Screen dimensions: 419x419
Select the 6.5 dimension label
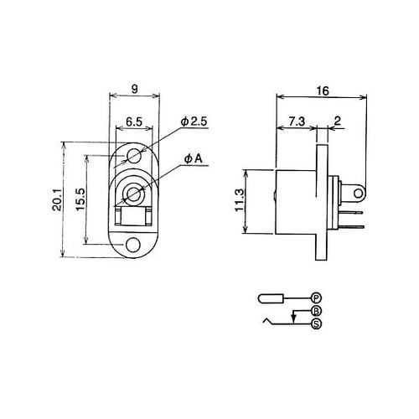(x=133, y=122)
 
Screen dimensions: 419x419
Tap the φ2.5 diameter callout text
(x=194, y=122)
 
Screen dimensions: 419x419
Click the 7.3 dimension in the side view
(x=294, y=122)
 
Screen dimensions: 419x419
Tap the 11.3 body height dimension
(x=239, y=200)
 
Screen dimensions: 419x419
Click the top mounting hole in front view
(x=133, y=155)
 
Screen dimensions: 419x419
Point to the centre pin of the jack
(x=133, y=195)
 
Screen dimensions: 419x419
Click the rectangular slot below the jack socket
(x=133, y=220)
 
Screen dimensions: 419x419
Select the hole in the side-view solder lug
(x=359, y=195)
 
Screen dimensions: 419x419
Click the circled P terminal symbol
(x=316, y=297)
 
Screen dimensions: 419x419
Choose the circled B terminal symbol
(x=316, y=311)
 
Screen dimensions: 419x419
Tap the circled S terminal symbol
(x=316, y=323)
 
